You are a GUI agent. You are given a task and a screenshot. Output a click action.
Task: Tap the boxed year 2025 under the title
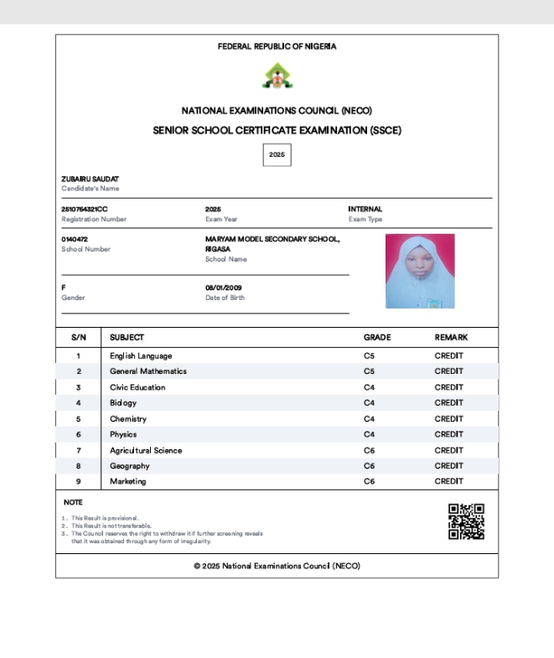click(277, 155)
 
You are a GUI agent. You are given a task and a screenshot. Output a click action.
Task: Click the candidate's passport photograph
click(420, 271)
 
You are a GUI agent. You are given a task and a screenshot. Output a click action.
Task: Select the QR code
click(466, 521)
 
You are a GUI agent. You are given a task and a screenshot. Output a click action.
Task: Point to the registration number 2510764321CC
click(85, 209)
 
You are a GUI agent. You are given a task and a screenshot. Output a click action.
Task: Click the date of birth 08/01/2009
click(223, 288)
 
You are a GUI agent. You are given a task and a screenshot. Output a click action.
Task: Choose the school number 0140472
click(75, 239)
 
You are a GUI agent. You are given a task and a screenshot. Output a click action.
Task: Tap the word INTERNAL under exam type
click(365, 209)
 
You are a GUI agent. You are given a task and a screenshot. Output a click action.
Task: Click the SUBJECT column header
click(127, 337)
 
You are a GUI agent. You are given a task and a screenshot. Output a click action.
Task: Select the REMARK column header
click(451, 337)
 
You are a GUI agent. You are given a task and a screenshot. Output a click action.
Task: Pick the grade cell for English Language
click(369, 356)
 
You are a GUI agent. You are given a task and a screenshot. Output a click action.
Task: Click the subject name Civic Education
click(137, 387)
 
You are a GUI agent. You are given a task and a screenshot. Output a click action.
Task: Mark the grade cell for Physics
click(369, 434)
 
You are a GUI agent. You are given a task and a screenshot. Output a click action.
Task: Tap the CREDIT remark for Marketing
click(448, 481)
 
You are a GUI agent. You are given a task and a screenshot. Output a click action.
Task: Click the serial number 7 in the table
click(79, 450)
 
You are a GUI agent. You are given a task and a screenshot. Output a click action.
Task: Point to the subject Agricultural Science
click(146, 450)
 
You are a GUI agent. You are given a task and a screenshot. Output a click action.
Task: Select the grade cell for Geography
click(369, 466)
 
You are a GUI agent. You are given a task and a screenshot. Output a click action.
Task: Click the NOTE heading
click(73, 502)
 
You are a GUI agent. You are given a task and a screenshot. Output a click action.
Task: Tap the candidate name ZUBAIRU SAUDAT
click(90, 179)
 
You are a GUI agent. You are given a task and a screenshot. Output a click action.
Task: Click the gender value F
click(64, 288)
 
